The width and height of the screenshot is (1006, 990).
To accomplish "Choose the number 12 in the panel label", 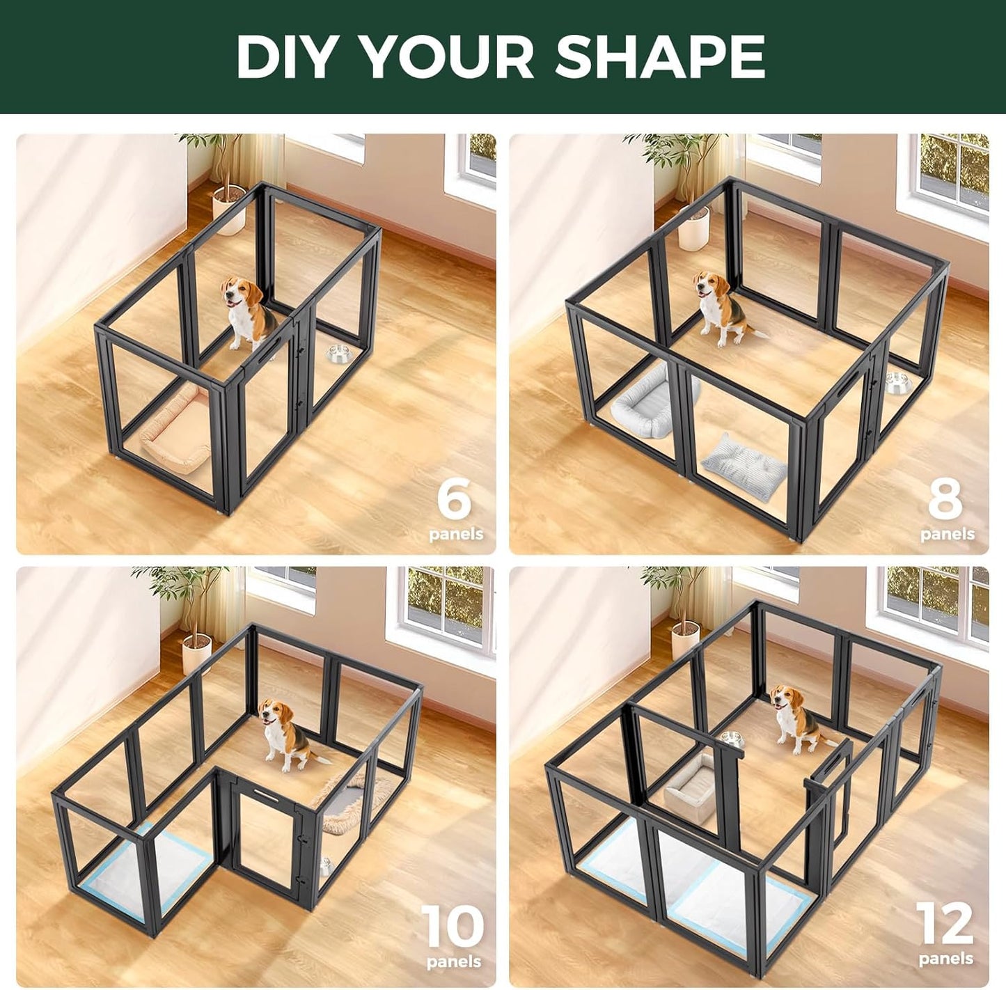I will tap(945, 924).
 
